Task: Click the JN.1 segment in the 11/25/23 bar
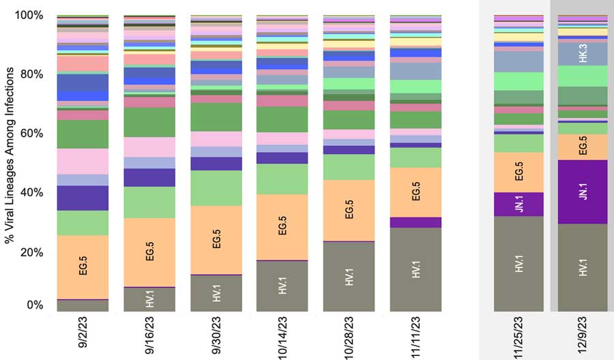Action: [x=518, y=204]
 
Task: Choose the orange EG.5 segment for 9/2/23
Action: [x=83, y=267]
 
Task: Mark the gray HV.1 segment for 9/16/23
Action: [x=149, y=299]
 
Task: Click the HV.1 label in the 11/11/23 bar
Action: [x=415, y=268]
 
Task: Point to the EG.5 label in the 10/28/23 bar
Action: [x=349, y=210]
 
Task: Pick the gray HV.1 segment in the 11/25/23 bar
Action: [x=518, y=263]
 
